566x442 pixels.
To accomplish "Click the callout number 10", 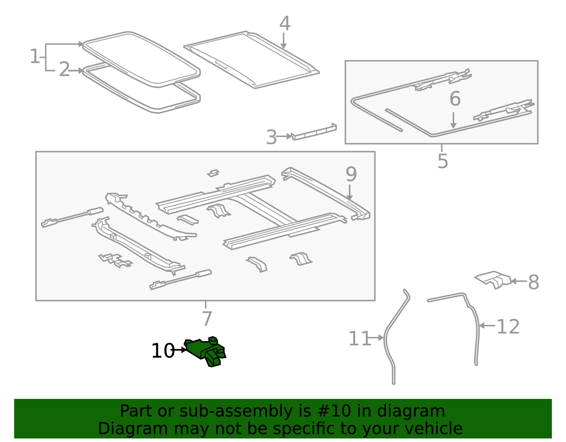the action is point(163,351).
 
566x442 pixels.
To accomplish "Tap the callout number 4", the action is point(285,24).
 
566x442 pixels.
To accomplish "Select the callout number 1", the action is point(35,57).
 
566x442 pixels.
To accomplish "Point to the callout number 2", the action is point(64,69).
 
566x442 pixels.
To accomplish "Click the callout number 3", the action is point(271,137).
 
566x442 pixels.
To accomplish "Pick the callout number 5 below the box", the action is point(443,161).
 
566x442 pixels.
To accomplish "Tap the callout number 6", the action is point(455,99).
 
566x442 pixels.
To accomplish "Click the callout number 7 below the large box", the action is point(207,318).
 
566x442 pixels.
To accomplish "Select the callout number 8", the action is point(534,282).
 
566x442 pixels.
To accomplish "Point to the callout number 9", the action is point(351,174).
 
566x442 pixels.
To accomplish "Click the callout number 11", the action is point(359,339).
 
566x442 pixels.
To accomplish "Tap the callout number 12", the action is point(508,327).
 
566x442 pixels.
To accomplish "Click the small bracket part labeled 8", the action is point(494,280).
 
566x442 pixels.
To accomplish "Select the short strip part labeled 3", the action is point(314,132).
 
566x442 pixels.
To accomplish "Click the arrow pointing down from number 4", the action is point(283,41).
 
